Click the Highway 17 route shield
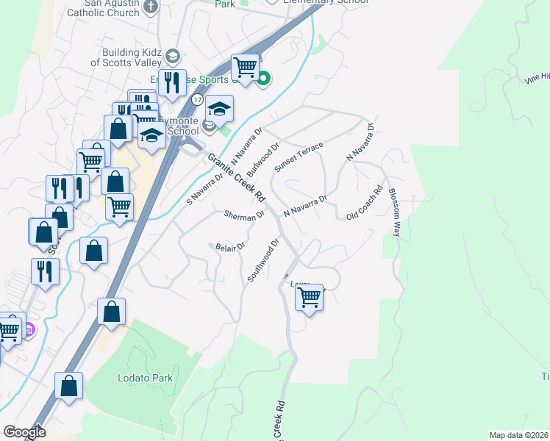[197, 98]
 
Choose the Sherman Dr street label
[244, 215]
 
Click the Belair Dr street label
[229, 248]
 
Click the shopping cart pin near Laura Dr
[310, 298]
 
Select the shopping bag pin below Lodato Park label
[68, 386]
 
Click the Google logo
[24, 432]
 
